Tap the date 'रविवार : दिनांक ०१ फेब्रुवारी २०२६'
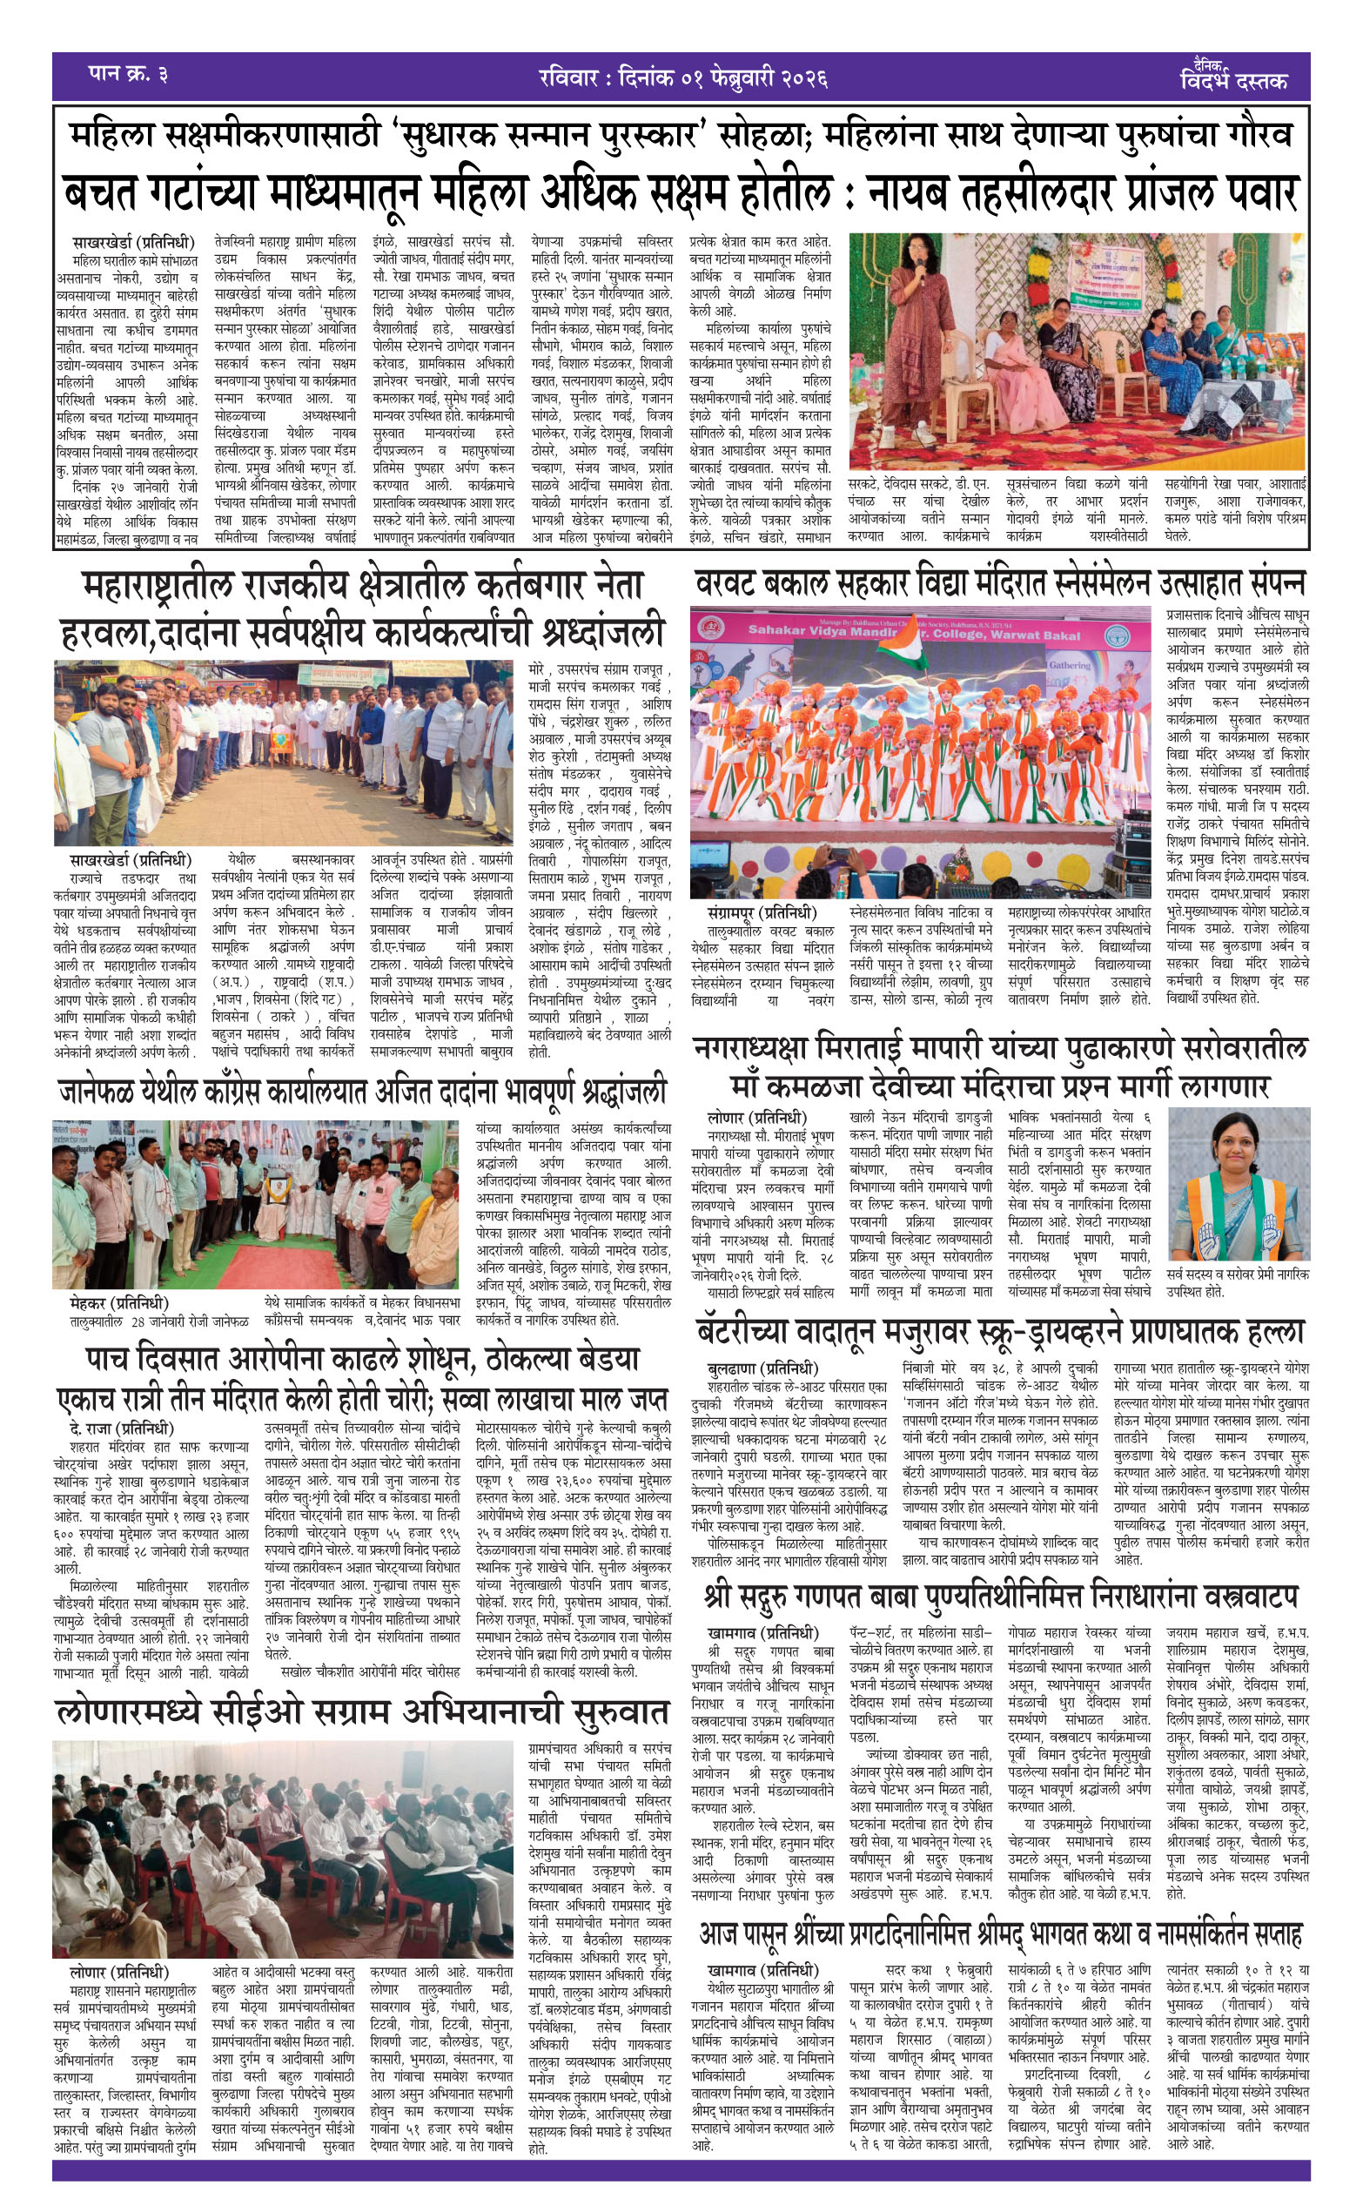(682, 77)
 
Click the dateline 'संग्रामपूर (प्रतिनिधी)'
(762, 913)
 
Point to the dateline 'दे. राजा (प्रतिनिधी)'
(121, 1429)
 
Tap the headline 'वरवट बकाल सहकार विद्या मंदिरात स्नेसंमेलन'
(999, 584)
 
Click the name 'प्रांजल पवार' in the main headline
(1171, 192)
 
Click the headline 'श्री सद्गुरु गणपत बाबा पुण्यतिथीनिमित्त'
(1001, 1596)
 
